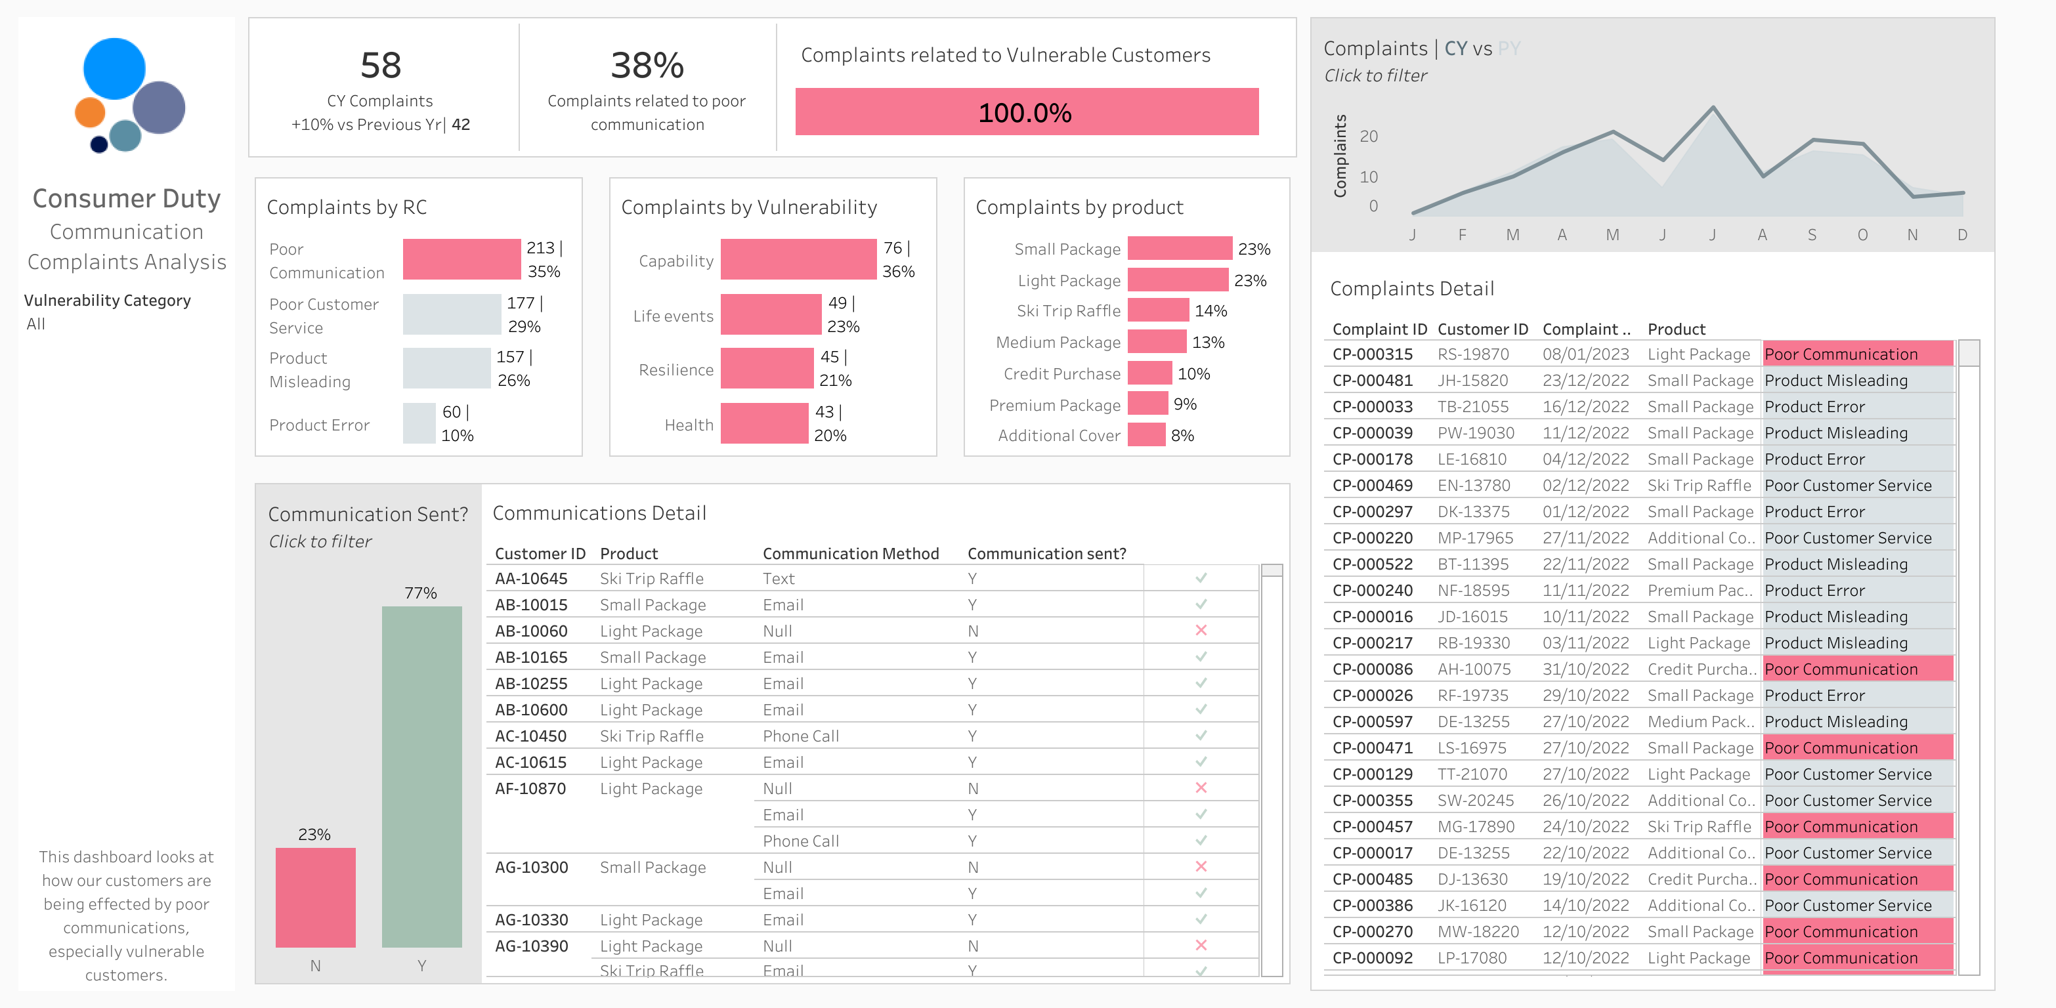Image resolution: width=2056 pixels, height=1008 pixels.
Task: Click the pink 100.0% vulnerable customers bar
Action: [1027, 112]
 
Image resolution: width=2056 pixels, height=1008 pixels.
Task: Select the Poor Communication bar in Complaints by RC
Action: [461, 259]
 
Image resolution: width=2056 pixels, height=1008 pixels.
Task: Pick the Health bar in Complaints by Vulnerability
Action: [764, 423]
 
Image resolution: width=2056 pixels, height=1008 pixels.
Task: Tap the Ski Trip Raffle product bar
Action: [1157, 310]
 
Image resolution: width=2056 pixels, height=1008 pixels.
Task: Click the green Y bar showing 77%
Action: [421, 776]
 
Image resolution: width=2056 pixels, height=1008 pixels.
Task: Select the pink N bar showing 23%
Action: [315, 897]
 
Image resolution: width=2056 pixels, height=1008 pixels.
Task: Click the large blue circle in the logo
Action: [114, 69]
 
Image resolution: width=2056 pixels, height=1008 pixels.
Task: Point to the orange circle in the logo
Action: [89, 112]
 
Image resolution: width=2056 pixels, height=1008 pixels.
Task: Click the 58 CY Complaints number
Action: [380, 66]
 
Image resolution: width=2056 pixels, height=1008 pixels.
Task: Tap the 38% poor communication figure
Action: [647, 66]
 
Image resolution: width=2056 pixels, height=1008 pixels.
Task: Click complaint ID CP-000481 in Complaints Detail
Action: [1372, 381]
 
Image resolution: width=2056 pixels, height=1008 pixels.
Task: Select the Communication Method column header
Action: [850, 553]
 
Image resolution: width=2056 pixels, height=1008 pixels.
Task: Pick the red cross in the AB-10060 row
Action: [1201, 631]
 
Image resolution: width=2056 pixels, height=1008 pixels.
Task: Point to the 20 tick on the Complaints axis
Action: [1368, 136]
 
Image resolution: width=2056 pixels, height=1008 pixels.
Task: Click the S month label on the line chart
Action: [1812, 235]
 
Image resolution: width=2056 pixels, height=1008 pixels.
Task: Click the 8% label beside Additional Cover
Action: [1182, 436]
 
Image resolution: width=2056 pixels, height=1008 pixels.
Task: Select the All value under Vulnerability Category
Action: [36, 324]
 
